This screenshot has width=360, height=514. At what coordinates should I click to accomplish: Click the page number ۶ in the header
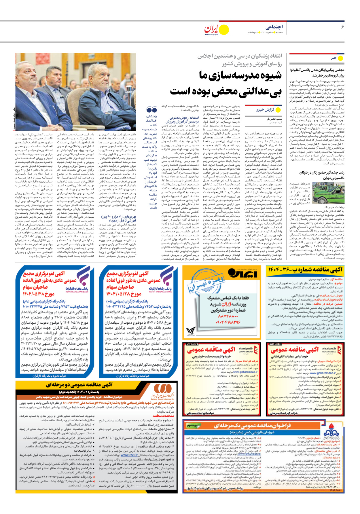pos(342,26)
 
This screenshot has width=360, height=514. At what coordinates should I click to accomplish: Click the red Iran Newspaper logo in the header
pos(213,29)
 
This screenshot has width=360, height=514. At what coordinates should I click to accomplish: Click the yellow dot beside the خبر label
pos(341,58)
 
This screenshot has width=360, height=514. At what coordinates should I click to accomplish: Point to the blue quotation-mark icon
pos(152,110)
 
